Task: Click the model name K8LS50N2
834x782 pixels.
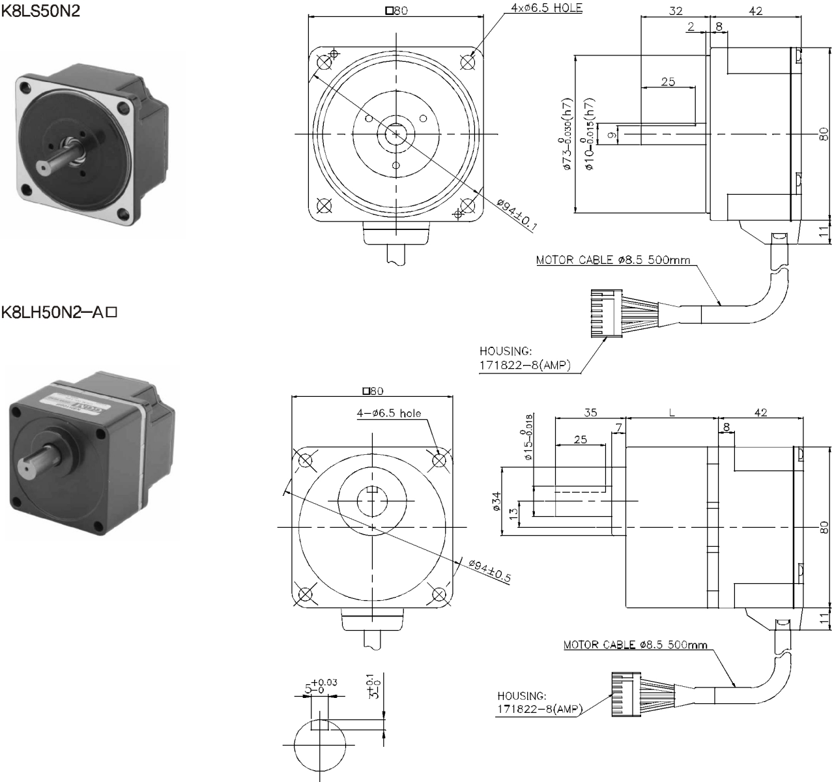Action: pyautogui.click(x=41, y=11)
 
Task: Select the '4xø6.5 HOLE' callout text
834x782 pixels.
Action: pyautogui.click(x=547, y=8)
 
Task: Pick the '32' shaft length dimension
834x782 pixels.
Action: pyautogui.click(x=675, y=11)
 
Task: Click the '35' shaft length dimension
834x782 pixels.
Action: pyautogui.click(x=590, y=412)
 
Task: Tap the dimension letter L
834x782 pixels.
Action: pyautogui.click(x=672, y=412)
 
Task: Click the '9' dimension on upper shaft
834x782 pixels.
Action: pyautogui.click(x=611, y=135)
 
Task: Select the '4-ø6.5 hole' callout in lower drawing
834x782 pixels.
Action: pyautogui.click(x=388, y=413)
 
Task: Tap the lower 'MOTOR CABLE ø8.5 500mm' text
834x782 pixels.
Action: pyautogui.click(x=635, y=645)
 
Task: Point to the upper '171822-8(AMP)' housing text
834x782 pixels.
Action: pyautogui.click(x=525, y=366)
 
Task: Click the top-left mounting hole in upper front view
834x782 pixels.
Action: pyautogui.click(x=324, y=62)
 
